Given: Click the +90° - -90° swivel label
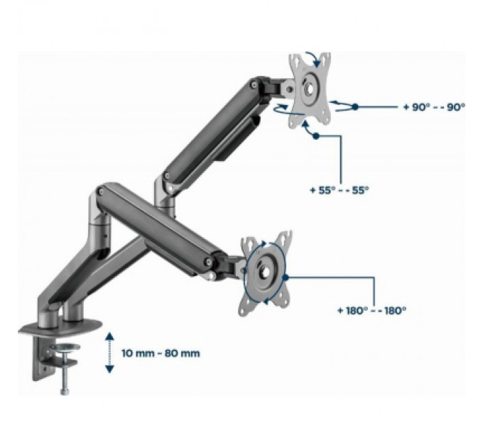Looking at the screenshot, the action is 434,107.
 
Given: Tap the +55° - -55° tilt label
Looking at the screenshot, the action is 339,190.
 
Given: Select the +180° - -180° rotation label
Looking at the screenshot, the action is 371,310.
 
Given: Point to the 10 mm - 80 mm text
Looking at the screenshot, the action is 161,353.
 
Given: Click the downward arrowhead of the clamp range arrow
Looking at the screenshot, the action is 109,368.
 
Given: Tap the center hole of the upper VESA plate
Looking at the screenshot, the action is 310,89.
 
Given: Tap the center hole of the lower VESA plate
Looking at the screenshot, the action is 265,271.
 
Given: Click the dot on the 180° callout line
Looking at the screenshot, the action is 286,277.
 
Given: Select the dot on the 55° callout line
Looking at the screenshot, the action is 316,136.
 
